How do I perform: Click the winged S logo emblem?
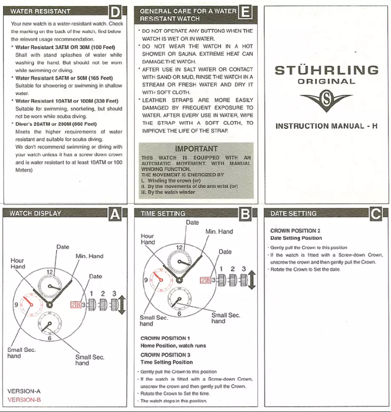pos(326,101)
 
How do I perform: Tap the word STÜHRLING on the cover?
pos(326,70)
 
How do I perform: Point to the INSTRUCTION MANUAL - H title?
pos(326,126)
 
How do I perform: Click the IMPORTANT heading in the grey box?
pos(196,148)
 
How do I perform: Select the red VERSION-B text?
pos(24,400)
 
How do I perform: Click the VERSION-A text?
pos(24,391)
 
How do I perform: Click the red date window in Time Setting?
pos(206,279)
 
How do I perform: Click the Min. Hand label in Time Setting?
pos(219,231)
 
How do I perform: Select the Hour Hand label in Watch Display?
pos(18,264)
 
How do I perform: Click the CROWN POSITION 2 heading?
pos(295,230)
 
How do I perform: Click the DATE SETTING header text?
pos(293,213)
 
